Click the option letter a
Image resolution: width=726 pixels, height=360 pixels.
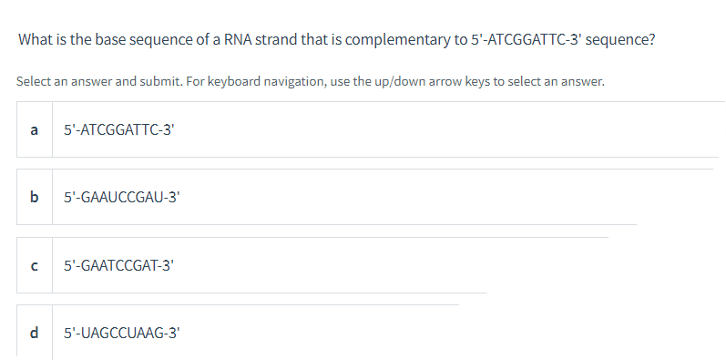click(34, 129)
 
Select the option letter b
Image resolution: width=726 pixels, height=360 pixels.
click(34, 197)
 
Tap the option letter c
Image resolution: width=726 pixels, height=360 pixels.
click(34, 265)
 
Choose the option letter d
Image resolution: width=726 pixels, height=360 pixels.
click(34, 334)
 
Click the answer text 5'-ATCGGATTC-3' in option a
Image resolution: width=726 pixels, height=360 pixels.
click(118, 129)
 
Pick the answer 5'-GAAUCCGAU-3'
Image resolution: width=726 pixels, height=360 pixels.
click(124, 197)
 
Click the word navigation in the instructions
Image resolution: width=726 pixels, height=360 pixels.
click(294, 82)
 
